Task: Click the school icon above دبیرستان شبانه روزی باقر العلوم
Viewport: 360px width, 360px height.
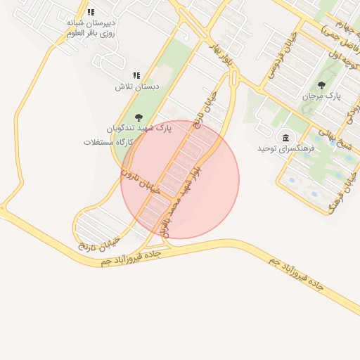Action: tap(91, 12)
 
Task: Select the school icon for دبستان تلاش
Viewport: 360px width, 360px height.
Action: tap(136, 75)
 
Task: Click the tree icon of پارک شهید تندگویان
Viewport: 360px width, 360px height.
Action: tap(138, 117)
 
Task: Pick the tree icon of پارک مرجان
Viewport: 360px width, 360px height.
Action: tap(321, 84)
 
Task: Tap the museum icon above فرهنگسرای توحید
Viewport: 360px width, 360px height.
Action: tap(286, 137)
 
